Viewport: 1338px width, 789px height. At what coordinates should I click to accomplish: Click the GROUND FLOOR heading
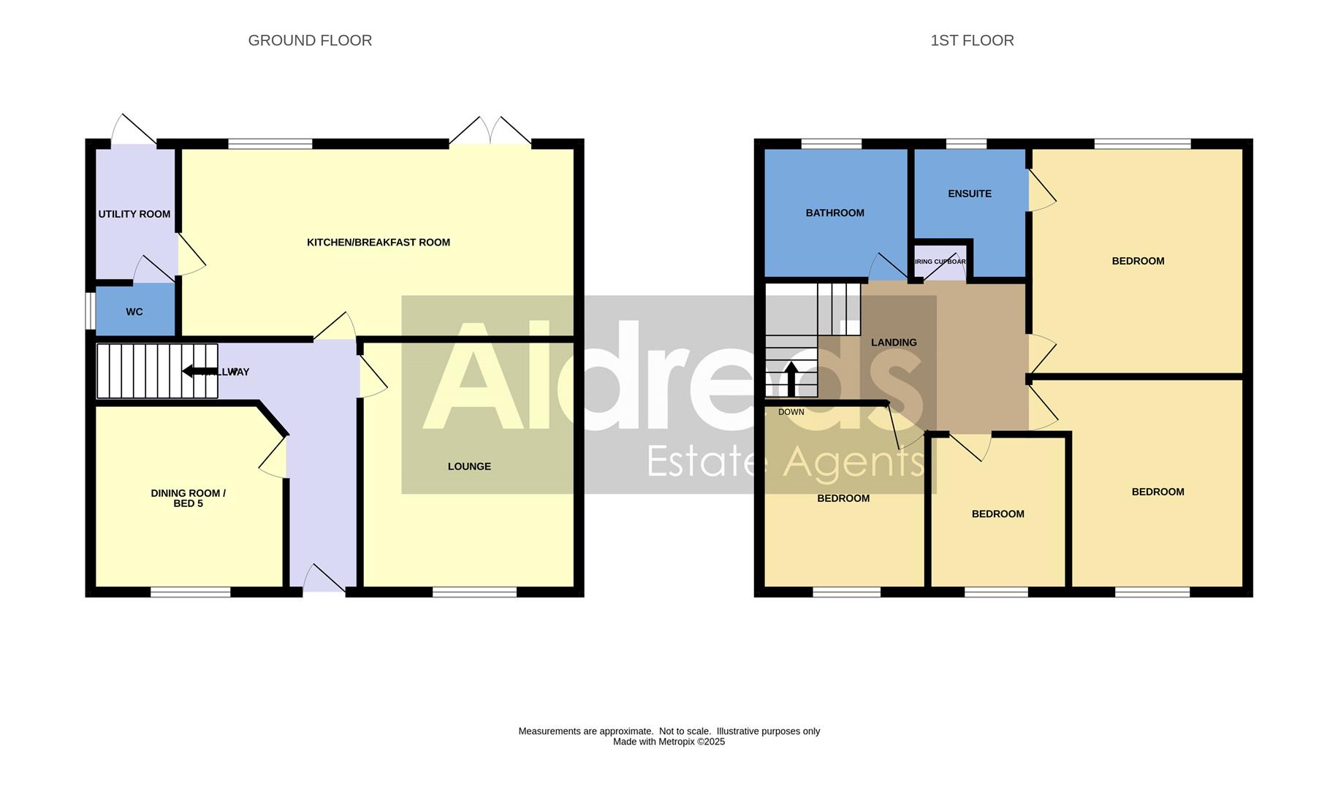[x=310, y=41]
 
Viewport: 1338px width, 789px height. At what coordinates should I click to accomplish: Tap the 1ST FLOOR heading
[x=971, y=41]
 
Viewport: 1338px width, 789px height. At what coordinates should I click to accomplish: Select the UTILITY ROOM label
[x=134, y=214]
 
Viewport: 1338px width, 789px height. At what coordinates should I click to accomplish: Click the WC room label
[x=134, y=312]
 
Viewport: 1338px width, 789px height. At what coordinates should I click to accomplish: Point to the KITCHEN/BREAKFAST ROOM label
[x=378, y=243]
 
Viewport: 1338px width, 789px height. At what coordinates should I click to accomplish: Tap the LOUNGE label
[x=469, y=466]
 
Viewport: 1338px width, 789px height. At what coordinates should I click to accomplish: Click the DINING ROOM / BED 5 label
[x=188, y=498]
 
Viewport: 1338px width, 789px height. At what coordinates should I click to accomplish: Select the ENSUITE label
[x=969, y=194]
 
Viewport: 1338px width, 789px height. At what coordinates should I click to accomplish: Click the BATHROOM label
[x=835, y=213]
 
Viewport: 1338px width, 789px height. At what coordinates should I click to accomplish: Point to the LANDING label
[x=893, y=342]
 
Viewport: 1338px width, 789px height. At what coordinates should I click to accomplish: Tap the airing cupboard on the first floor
[x=940, y=262]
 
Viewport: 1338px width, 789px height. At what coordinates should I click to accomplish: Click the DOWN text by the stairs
[x=791, y=412]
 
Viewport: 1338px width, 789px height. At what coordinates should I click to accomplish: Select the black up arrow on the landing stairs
[x=791, y=378]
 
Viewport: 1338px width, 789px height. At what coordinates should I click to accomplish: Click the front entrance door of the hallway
[x=324, y=581]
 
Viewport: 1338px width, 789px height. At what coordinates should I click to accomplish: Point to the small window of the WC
[x=90, y=311]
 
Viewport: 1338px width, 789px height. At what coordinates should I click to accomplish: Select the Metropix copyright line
[x=669, y=742]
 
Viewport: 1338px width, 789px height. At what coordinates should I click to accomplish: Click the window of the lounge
[x=474, y=592]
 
